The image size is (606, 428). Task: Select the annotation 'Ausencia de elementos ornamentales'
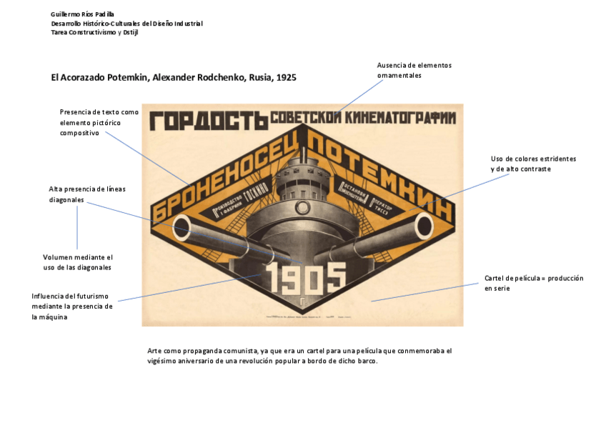pos(414,70)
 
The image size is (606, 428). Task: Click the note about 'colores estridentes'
pos(533,164)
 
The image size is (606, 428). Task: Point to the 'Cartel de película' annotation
pos(533,283)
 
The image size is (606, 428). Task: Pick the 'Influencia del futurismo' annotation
pos(72,307)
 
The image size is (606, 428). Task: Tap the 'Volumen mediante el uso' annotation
pos(78,262)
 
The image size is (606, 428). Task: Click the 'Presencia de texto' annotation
pos(99,122)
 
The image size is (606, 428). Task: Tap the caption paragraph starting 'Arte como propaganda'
pos(299,356)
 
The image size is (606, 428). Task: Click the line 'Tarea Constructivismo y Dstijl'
pos(94,32)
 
